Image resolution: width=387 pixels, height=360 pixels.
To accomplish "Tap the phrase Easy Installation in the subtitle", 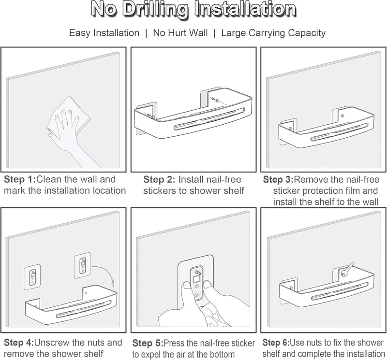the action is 104,33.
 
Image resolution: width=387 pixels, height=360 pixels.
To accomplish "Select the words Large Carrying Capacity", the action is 273,33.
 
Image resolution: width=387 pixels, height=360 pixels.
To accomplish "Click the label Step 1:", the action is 20,179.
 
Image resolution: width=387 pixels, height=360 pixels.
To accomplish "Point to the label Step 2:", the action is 159,179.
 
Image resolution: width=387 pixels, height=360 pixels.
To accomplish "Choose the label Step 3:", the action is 278,179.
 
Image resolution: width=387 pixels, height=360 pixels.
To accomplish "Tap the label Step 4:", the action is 19,343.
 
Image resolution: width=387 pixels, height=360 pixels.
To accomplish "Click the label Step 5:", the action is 148,343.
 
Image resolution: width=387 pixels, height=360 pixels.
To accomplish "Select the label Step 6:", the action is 276,343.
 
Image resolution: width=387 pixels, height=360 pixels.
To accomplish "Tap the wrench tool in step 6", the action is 348,268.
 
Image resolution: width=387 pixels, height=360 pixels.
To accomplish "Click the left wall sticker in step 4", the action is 32,277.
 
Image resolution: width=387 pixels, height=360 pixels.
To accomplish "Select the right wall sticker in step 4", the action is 83,265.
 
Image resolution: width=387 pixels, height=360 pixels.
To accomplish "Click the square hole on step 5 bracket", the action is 197,279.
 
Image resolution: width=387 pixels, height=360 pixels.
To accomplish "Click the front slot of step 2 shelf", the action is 209,119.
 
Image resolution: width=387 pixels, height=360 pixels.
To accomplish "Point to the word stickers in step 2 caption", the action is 161,190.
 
